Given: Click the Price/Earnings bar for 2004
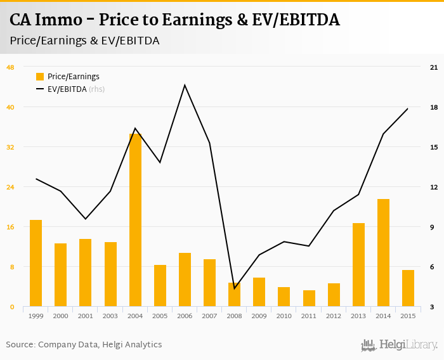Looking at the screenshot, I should [135, 221].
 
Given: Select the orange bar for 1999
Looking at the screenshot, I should [36, 264].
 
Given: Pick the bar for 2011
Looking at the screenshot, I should [309, 299].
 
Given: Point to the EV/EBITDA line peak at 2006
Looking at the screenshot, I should [185, 85].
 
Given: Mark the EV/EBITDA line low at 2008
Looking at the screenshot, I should [235, 288].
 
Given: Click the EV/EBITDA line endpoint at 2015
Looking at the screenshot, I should [408, 108].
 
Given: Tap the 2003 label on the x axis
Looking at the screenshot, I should [110, 316].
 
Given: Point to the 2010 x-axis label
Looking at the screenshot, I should [284, 316].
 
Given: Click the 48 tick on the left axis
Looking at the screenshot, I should [10, 67].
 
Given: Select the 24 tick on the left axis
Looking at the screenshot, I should [10, 187].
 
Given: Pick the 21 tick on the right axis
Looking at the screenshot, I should [434, 67].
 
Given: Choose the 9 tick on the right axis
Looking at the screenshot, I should [434, 227].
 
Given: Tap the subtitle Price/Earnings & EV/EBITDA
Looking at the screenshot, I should [84, 41].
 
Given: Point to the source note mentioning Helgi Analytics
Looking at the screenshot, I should [84, 345].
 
